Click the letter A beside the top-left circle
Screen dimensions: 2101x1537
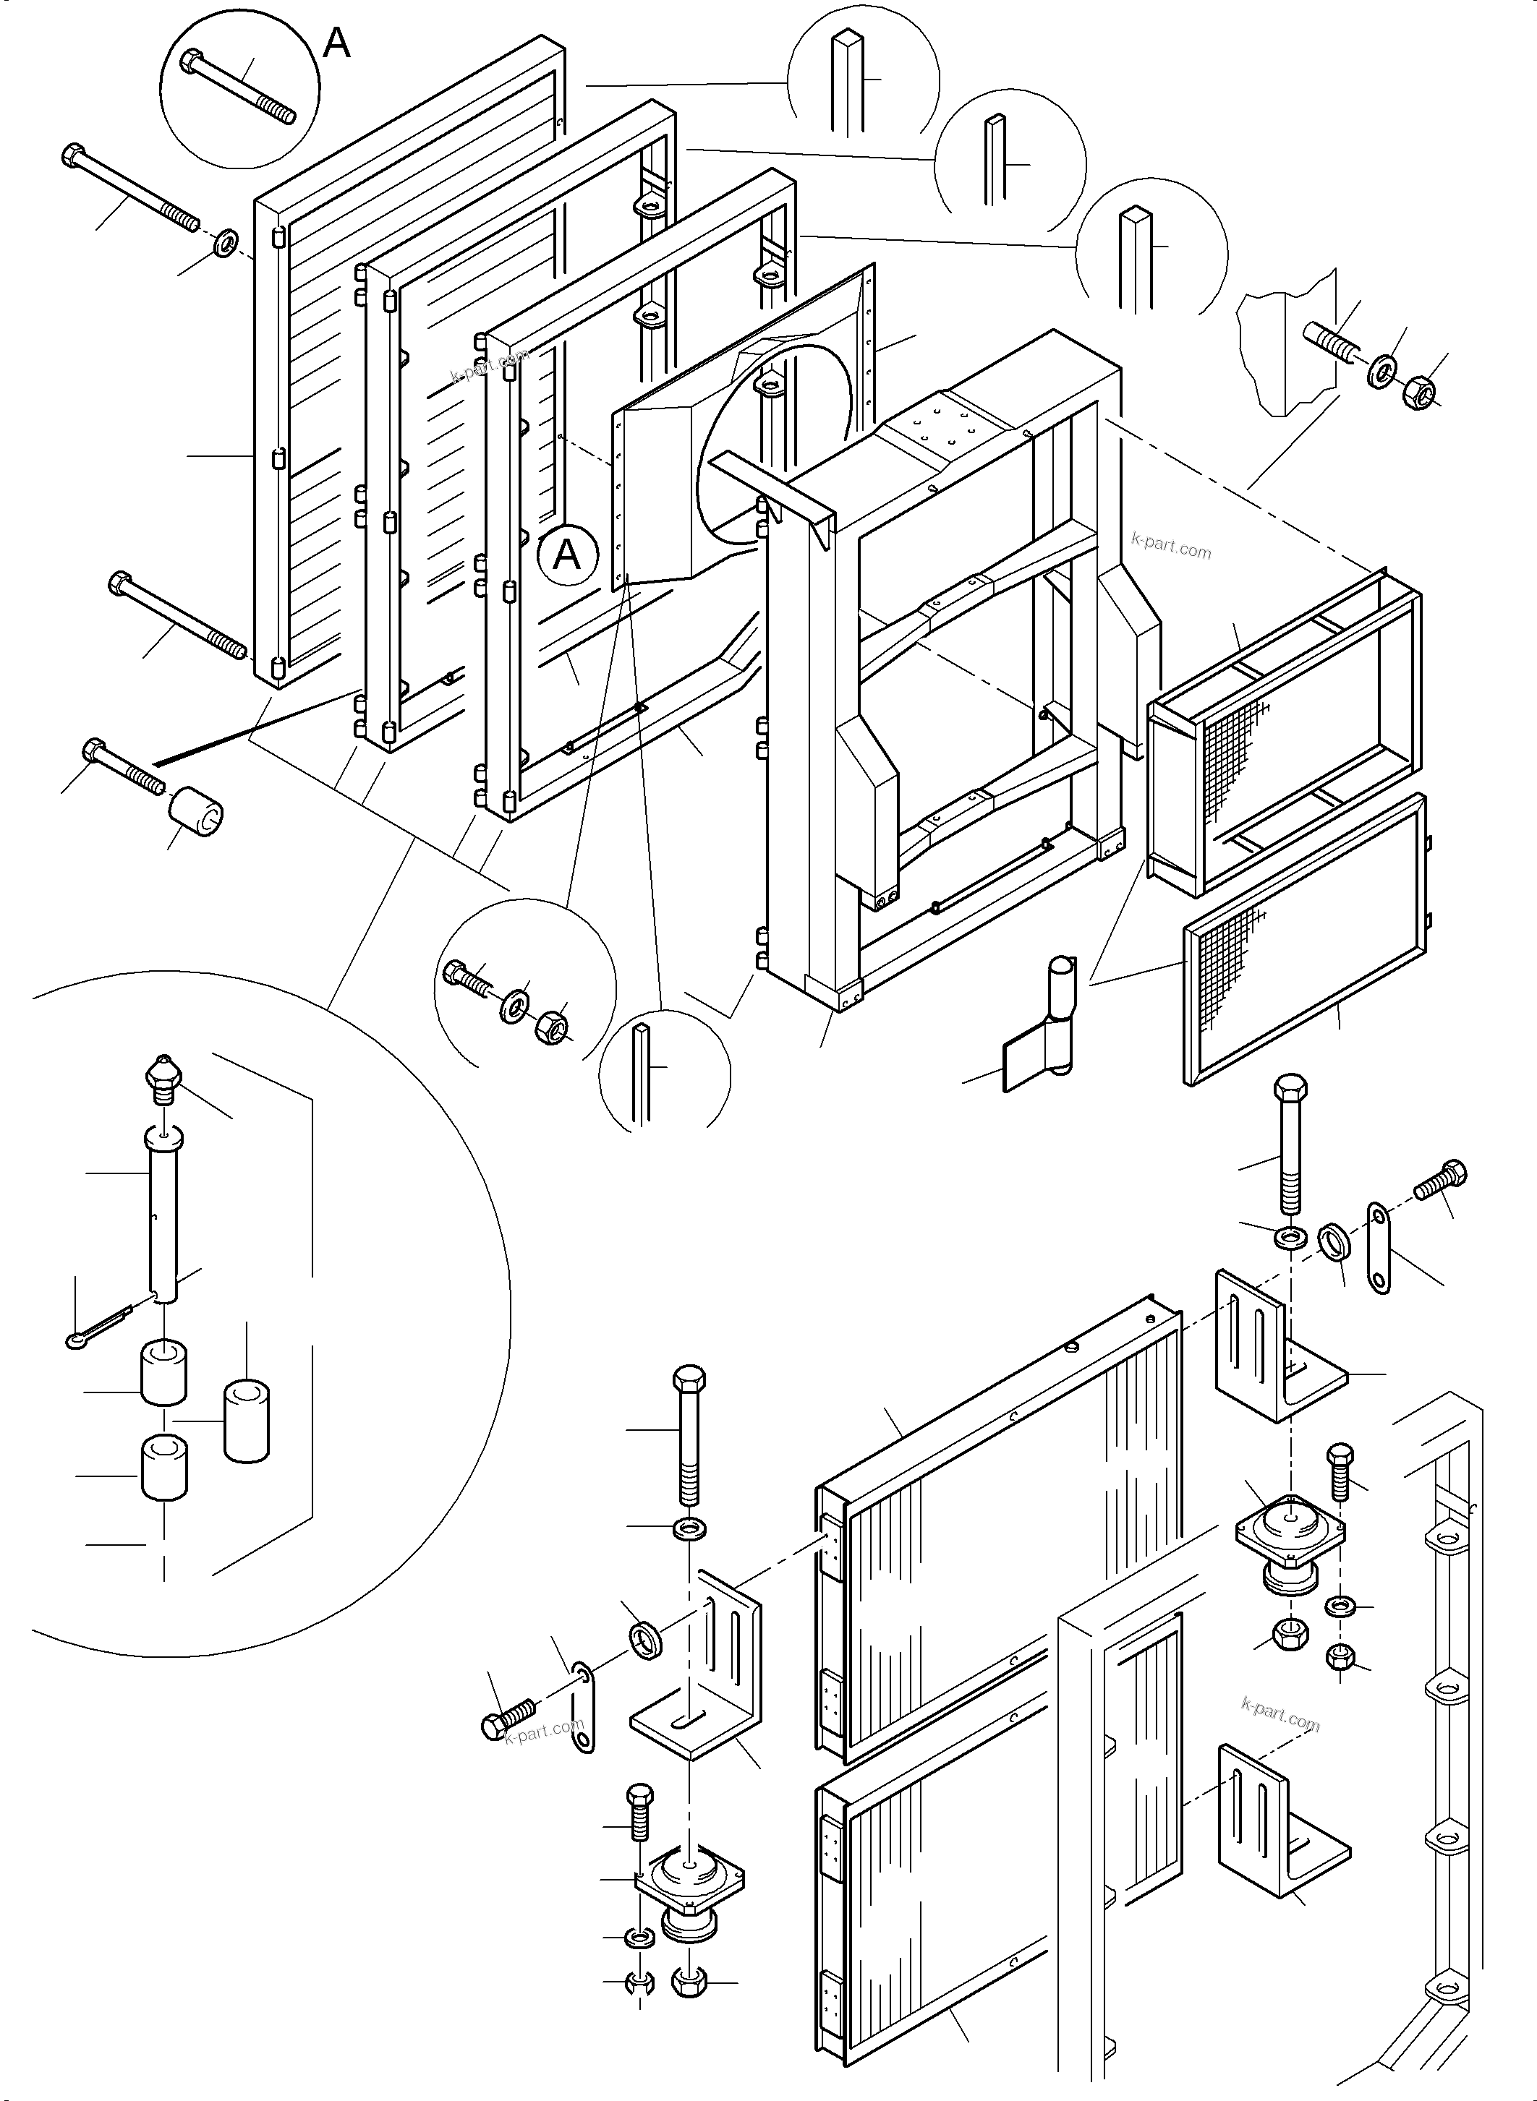[336, 43]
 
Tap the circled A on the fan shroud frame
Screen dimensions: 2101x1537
[566, 555]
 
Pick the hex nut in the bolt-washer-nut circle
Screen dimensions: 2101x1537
[551, 1027]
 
